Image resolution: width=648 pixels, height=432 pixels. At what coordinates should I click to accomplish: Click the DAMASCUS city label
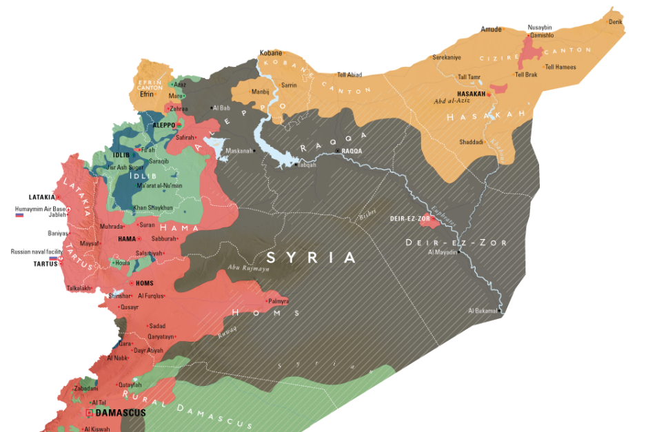(120, 413)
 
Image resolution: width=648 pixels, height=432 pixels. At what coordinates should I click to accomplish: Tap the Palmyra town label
(279, 302)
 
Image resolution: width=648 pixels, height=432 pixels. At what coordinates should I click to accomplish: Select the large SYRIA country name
(312, 258)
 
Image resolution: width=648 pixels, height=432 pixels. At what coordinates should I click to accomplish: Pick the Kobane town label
(270, 52)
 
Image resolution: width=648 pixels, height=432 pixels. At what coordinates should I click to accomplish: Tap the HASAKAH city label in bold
(472, 94)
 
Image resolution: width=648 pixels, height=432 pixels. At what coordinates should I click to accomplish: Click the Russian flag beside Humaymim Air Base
(20, 215)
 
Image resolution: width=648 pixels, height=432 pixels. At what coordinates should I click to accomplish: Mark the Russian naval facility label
(32, 251)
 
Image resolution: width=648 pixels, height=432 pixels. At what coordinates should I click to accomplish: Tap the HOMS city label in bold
(145, 283)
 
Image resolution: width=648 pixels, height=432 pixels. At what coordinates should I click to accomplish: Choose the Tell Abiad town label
(350, 74)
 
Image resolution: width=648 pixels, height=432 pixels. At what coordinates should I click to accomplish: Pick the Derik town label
(616, 22)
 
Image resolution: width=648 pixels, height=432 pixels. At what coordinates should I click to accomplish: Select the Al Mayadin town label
(442, 252)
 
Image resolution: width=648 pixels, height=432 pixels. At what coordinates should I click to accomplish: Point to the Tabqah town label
(307, 165)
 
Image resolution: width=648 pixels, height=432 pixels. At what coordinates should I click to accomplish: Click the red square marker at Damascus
(89, 413)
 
